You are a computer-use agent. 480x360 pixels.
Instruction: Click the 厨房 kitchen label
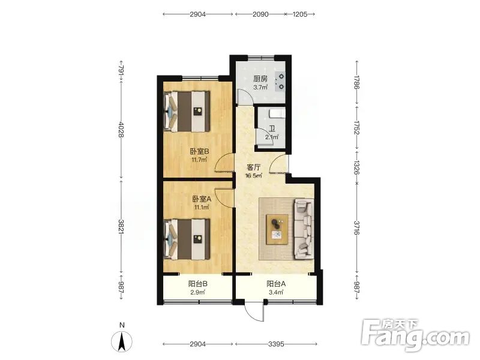coord(260,79)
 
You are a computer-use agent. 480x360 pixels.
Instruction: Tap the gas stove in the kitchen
coord(280,82)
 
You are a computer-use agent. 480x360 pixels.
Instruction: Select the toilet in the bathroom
coord(277,114)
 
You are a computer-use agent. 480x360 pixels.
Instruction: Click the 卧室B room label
coord(199,151)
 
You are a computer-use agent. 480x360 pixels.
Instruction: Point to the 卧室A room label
coord(202,199)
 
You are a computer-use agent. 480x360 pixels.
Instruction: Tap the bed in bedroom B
coord(187,111)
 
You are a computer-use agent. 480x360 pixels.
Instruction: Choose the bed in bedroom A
coord(187,239)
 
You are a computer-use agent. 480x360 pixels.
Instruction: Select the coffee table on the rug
coord(277,229)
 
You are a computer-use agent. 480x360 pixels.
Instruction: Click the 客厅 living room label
coord(254,168)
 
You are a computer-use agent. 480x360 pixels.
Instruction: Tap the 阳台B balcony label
coord(198,284)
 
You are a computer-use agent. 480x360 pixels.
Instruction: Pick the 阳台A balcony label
coord(276,284)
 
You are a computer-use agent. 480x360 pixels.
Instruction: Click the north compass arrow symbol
coord(122,341)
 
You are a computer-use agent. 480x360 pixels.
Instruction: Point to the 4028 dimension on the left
coord(121,130)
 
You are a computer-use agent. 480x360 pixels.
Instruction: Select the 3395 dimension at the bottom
coord(276,344)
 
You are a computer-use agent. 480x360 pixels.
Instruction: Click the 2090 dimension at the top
coord(260,14)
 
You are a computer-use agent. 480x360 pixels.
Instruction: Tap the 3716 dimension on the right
coord(356,228)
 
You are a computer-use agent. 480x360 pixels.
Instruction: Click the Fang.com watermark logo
coord(415,335)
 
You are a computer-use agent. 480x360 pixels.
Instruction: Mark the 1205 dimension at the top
coord(300,14)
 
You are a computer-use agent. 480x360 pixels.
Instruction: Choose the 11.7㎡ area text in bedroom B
coord(199,160)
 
